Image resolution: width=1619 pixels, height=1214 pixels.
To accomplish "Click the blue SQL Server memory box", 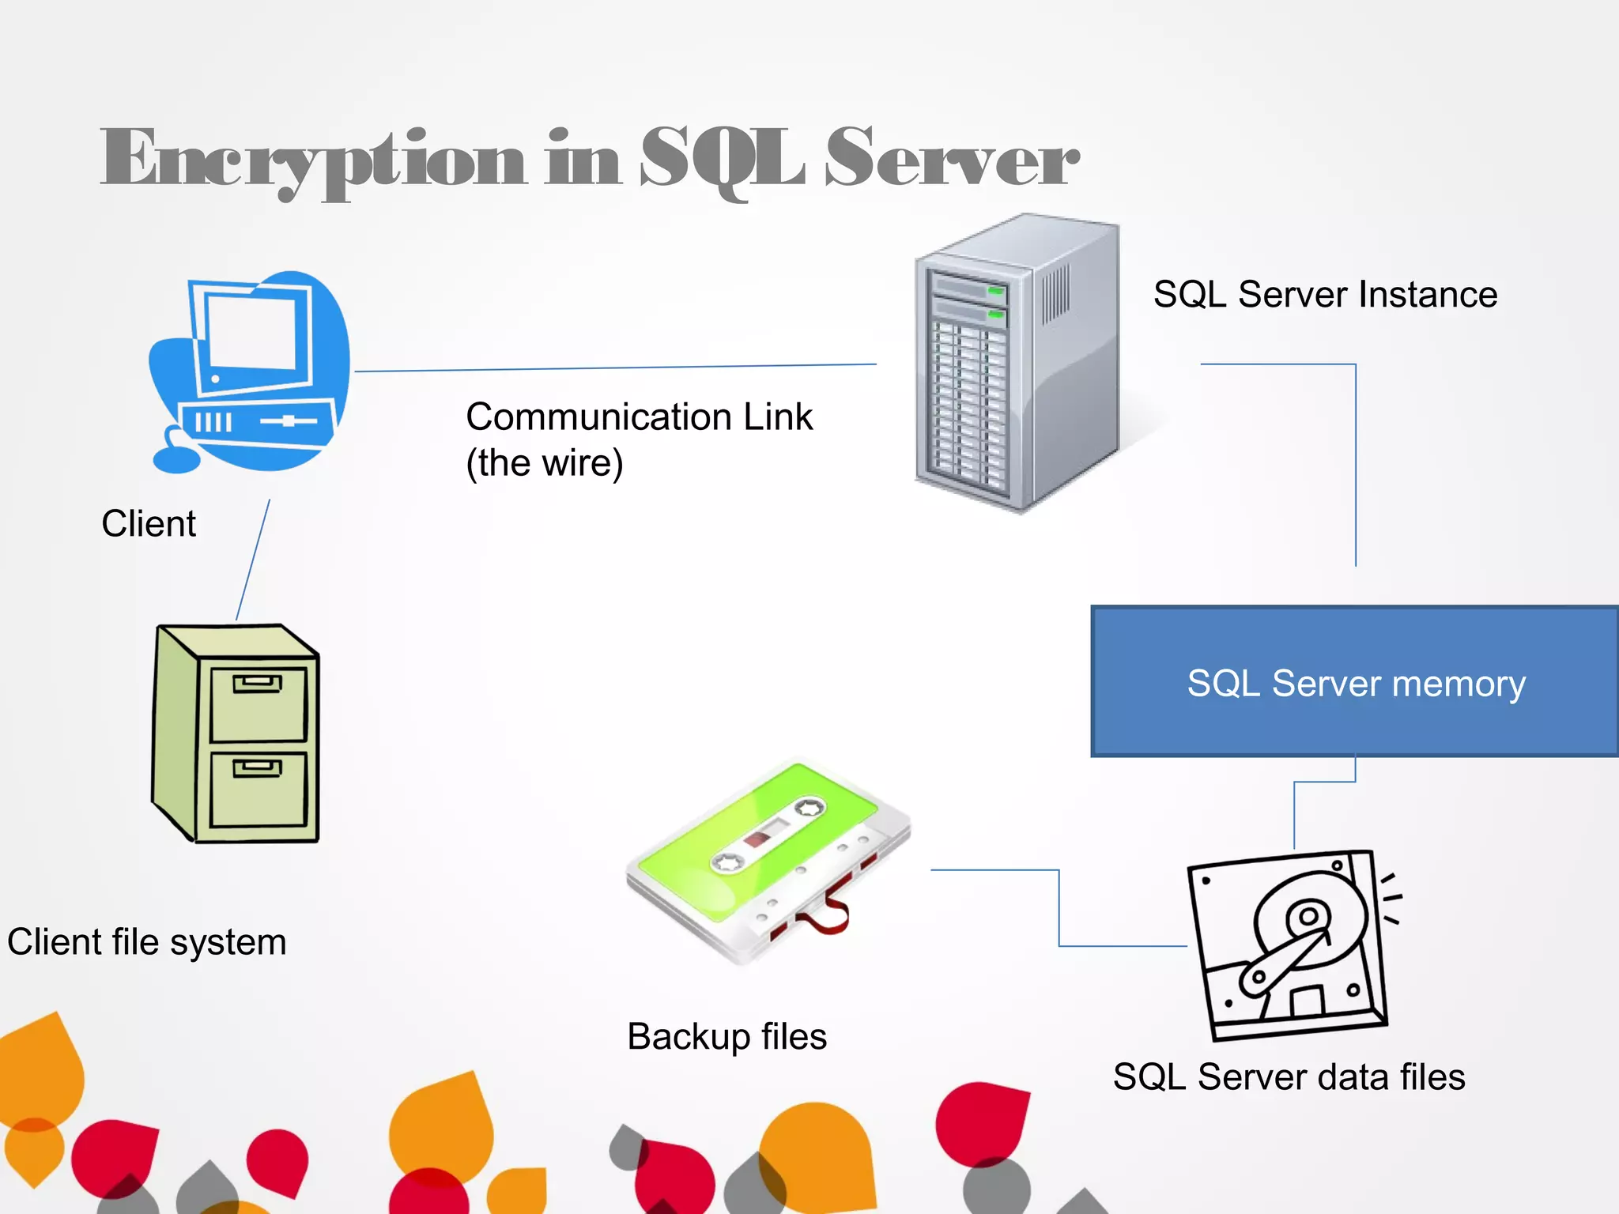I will click(x=1355, y=682).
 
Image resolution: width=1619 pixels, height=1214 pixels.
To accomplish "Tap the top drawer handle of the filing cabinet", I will click(x=257, y=683).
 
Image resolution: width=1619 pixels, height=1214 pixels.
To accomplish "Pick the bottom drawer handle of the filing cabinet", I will click(x=257, y=767).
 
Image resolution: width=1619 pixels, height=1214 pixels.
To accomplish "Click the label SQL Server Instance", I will click(x=1325, y=295).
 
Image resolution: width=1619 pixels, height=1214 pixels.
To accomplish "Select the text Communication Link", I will click(x=639, y=417).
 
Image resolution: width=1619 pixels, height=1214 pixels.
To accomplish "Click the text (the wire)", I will click(x=545, y=463).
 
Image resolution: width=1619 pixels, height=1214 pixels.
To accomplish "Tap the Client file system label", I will click(x=147, y=942).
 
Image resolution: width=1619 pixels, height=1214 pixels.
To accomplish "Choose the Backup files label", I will click(x=726, y=1036).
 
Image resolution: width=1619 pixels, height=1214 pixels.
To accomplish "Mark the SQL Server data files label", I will click(x=1289, y=1076).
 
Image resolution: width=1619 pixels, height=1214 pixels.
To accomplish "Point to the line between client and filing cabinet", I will click(x=253, y=560).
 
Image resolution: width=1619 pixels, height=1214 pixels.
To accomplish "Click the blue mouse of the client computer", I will click(x=176, y=459).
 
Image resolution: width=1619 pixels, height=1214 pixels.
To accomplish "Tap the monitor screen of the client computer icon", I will click(x=251, y=332).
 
